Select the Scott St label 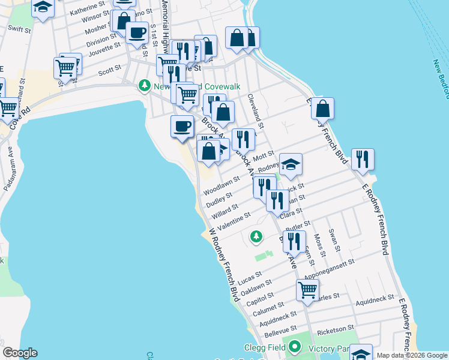point(110,70)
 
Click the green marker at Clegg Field point(294,346)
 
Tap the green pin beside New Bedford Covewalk point(143,86)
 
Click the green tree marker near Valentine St point(256,236)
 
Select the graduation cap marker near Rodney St point(291,164)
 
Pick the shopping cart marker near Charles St point(307,290)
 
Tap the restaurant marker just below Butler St point(294,241)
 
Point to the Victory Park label point(328,347)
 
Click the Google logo point(20,353)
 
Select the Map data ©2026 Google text point(411,355)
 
